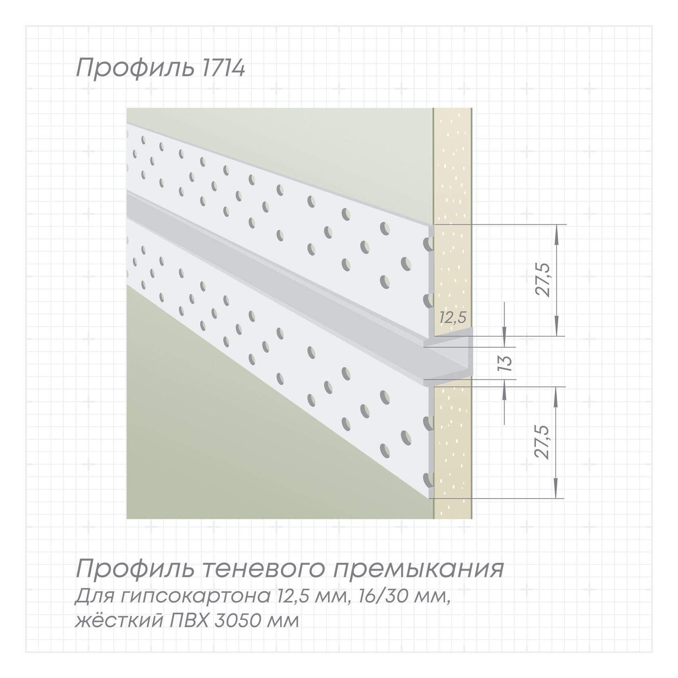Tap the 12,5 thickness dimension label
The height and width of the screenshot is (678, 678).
[x=453, y=318]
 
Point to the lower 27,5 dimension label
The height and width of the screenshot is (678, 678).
[x=543, y=442]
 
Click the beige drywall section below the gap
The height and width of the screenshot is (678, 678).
[x=453, y=452]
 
